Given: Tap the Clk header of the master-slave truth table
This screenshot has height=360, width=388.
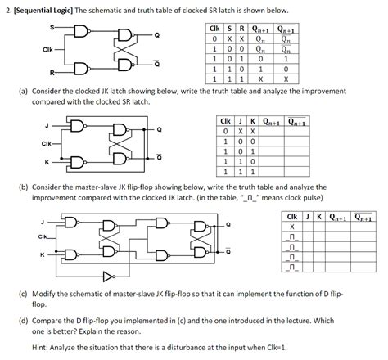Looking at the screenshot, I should (x=291, y=217).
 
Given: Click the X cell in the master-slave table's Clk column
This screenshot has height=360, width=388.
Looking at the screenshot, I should (x=291, y=227).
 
